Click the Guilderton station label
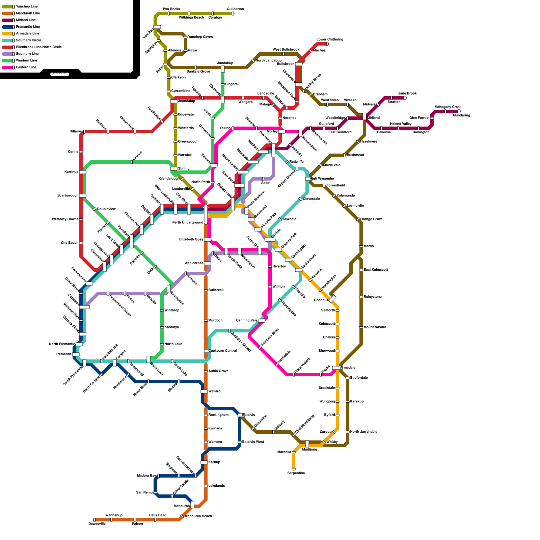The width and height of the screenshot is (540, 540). pyautogui.click(x=235, y=9)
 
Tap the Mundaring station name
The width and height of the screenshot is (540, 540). pyautogui.click(x=461, y=115)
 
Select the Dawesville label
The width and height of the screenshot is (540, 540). pyautogui.click(x=97, y=524)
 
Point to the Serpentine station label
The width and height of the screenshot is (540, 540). pyautogui.click(x=296, y=473)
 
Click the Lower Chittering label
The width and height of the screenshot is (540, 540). pyautogui.click(x=330, y=39)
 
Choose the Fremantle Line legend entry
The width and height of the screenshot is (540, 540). pyautogui.click(x=28, y=27)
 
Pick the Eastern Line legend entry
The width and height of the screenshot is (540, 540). pyautogui.click(x=26, y=67)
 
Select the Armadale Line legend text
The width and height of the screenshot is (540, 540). pyautogui.click(x=27, y=33)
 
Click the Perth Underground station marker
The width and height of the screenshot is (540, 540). pyautogui.click(x=206, y=214)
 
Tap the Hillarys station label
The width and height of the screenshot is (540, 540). pyautogui.click(x=76, y=132)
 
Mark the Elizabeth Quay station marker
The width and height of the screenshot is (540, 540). pyautogui.click(x=207, y=240)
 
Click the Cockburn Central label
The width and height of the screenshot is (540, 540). pyautogui.click(x=222, y=351)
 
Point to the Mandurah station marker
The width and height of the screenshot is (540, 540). pyautogui.click(x=192, y=505)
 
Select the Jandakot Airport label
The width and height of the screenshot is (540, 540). pyautogui.click(x=241, y=342)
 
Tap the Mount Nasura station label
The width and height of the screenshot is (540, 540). pyautogui.click(x=375, y=327)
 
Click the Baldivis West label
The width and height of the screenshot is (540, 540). pyautogui.click(x=253, y=442)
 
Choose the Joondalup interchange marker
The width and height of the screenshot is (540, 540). pyautogui.click(x=174, y=101)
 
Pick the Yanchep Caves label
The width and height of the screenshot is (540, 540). pyautogui.click(x=200, y=37)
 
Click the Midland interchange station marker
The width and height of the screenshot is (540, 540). pyautogui.click(x=364, y=116)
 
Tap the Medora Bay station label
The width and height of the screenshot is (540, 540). pyautogui.click(x=146, y=476)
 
